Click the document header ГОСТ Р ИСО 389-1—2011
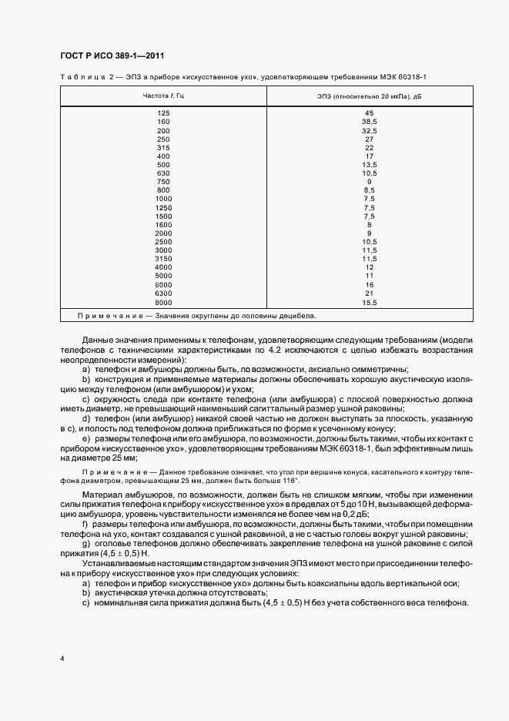point(111,55)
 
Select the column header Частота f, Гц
point(163,96)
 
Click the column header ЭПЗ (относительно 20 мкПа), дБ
point(369,96)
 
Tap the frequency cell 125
point(163,113)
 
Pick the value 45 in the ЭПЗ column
point(369,113)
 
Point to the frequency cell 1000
point(163,199)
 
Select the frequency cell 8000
point(163,303)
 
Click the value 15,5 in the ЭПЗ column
point(369,303)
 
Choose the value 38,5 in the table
point(369,122)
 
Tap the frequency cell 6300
point(163,293)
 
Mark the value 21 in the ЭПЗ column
point(369,293)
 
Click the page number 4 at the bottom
point(62,659)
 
